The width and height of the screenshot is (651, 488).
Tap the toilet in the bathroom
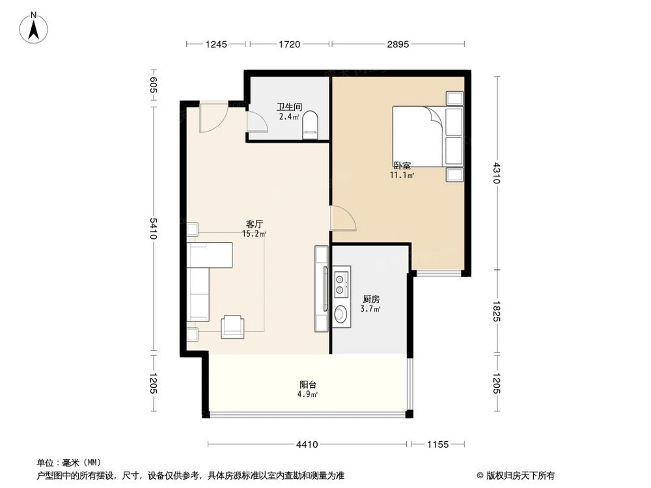(311, 126)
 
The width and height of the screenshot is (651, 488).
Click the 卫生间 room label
(288, 107)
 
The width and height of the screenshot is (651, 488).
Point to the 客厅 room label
(253, 224)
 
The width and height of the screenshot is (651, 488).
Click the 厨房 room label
(371, 299)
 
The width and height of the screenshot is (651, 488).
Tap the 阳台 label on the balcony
(308, 385)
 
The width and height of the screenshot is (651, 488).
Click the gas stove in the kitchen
(341, 280)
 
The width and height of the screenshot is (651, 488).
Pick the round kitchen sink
(341, 314)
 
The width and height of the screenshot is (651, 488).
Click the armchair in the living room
(232, 326)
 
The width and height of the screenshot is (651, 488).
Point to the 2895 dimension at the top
(397, 44)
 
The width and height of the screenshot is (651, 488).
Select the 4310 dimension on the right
(497, 172)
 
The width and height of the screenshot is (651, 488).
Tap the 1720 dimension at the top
(289, 44)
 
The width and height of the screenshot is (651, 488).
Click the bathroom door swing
(256, 121)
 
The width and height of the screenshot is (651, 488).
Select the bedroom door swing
(342, 219)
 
